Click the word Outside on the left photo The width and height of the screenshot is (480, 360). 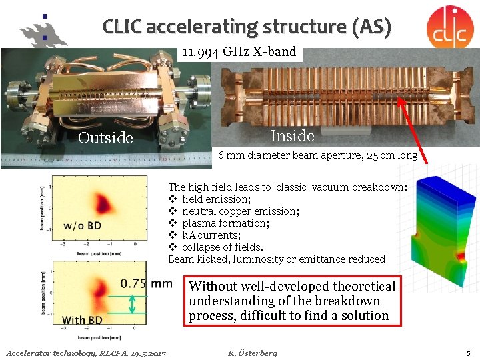click(x=105, y=138)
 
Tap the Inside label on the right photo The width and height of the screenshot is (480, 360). click(x=292, y=136)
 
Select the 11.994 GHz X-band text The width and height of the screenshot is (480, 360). click(x=240, y=51)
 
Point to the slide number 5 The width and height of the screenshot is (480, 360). click(x=469, y=353)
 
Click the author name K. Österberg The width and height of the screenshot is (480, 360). click(x=252, y=353)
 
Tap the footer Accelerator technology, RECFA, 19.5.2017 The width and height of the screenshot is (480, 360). click(x=86, y=353)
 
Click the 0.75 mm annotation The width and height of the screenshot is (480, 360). click(x=145, y=283)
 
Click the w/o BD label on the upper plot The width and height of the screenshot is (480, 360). click(x=82, y=225)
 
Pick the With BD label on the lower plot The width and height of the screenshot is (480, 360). click(x=82, y=320)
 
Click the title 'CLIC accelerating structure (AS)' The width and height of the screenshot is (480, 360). click(x=247, y=27)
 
